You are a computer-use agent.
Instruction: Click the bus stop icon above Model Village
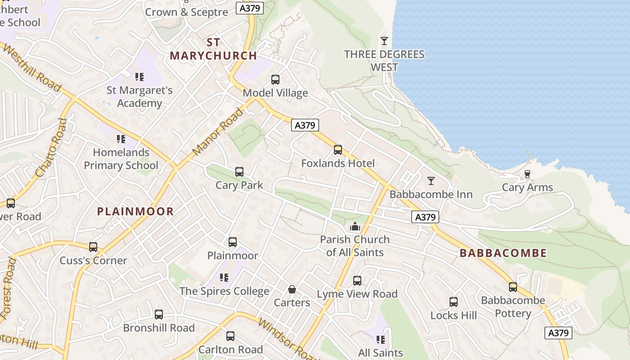[275, 80]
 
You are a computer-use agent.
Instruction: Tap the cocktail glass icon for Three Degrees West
[384, 41]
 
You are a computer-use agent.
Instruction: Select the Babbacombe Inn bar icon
[431, 181]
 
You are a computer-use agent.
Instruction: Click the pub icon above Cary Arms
[527, 174]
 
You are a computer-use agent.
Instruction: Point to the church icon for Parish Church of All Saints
[355, 226]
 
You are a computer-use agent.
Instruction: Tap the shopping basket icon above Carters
[292, 289]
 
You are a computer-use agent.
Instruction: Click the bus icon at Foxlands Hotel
[337, 150]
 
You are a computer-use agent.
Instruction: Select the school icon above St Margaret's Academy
[139, 77]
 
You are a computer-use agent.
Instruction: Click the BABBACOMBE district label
[503, 253]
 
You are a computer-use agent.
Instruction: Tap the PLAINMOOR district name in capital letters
[135, 211]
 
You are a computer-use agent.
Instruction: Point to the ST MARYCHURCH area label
[213, 49]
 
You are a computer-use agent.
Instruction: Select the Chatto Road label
[50, 148]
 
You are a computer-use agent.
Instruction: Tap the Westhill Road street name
[31, 67]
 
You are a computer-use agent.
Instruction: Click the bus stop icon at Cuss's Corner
[93, 247]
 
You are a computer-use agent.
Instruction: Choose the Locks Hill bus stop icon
[453, 302]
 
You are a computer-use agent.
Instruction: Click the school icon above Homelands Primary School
[121, 139]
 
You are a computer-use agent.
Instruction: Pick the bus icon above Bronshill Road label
[158, 315]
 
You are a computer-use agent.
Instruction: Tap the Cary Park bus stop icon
[239, 172]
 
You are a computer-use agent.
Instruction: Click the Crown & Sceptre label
[186, 12]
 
